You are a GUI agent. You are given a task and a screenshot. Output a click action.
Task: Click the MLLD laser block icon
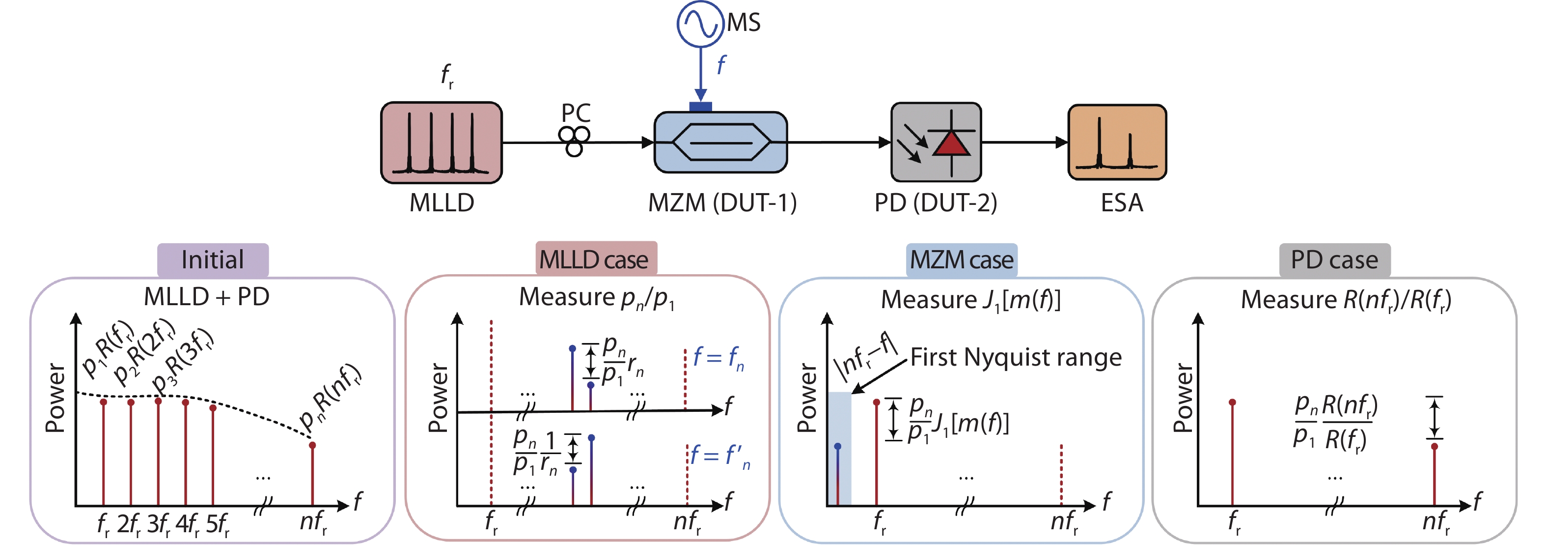tap(441, 143)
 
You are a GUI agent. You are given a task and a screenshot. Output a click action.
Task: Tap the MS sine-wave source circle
tap(700, 24)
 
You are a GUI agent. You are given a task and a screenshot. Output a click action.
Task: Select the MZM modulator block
tap(720, 143)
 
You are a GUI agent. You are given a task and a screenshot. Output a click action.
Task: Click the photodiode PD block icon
tap(935, 143)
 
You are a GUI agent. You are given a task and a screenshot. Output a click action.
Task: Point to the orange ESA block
tap(1116, 143)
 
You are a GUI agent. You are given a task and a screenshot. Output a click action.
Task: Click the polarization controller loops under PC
tap(574, 141)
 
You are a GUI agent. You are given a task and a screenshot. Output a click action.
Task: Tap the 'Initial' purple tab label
tap(213, 260)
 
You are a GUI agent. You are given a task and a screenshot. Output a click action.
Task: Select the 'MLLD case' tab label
tap(595, 259)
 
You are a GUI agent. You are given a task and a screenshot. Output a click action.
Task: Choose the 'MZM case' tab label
tap(961, 260)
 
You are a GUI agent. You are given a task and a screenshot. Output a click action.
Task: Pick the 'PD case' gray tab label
tap(1334, 260)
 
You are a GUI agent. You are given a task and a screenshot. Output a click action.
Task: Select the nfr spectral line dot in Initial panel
tap(312, 445)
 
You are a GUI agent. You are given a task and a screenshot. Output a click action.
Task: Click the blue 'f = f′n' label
tap(719, 456)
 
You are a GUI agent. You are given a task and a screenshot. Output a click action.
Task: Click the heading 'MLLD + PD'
tap(207, 297)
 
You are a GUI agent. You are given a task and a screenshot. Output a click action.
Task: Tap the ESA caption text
tap(1121, 202)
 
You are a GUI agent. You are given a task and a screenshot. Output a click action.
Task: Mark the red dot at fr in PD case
tap(1232, 402)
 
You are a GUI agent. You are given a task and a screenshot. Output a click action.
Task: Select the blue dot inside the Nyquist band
tap(837, 446)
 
